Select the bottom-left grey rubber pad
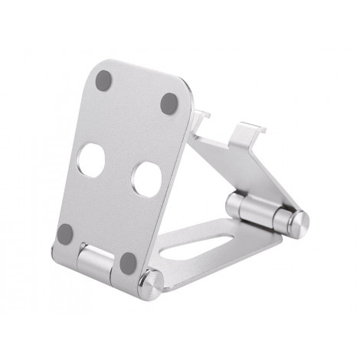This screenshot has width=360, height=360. tap(67, 231)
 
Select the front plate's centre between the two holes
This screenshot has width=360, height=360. tap(119, 169)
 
